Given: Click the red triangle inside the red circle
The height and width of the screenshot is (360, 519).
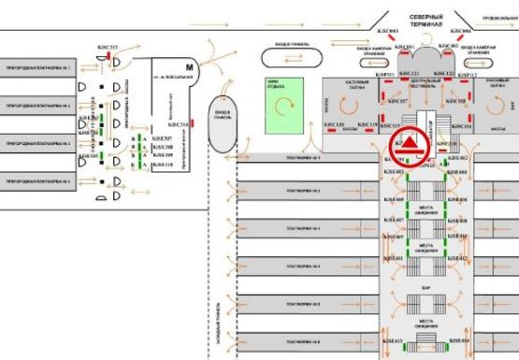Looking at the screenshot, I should (410, 144).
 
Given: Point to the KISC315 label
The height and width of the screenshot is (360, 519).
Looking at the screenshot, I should (109, 47).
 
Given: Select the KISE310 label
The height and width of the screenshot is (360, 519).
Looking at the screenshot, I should (163, 164).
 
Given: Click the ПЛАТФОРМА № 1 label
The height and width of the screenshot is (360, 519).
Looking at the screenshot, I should (304, 158).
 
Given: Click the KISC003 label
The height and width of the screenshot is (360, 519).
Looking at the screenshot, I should (388, 33).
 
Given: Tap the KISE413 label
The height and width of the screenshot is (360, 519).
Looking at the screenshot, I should (393, 342).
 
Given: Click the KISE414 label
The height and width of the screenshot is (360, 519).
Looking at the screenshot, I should (456, 342).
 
